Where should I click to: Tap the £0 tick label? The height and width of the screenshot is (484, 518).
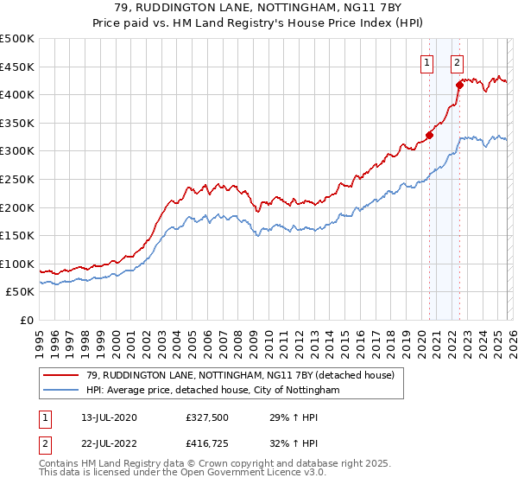26,321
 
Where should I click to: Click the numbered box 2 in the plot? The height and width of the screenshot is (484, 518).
457,61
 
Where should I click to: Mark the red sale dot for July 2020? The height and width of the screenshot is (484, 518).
429,135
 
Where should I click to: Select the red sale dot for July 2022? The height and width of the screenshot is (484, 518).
459,85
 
